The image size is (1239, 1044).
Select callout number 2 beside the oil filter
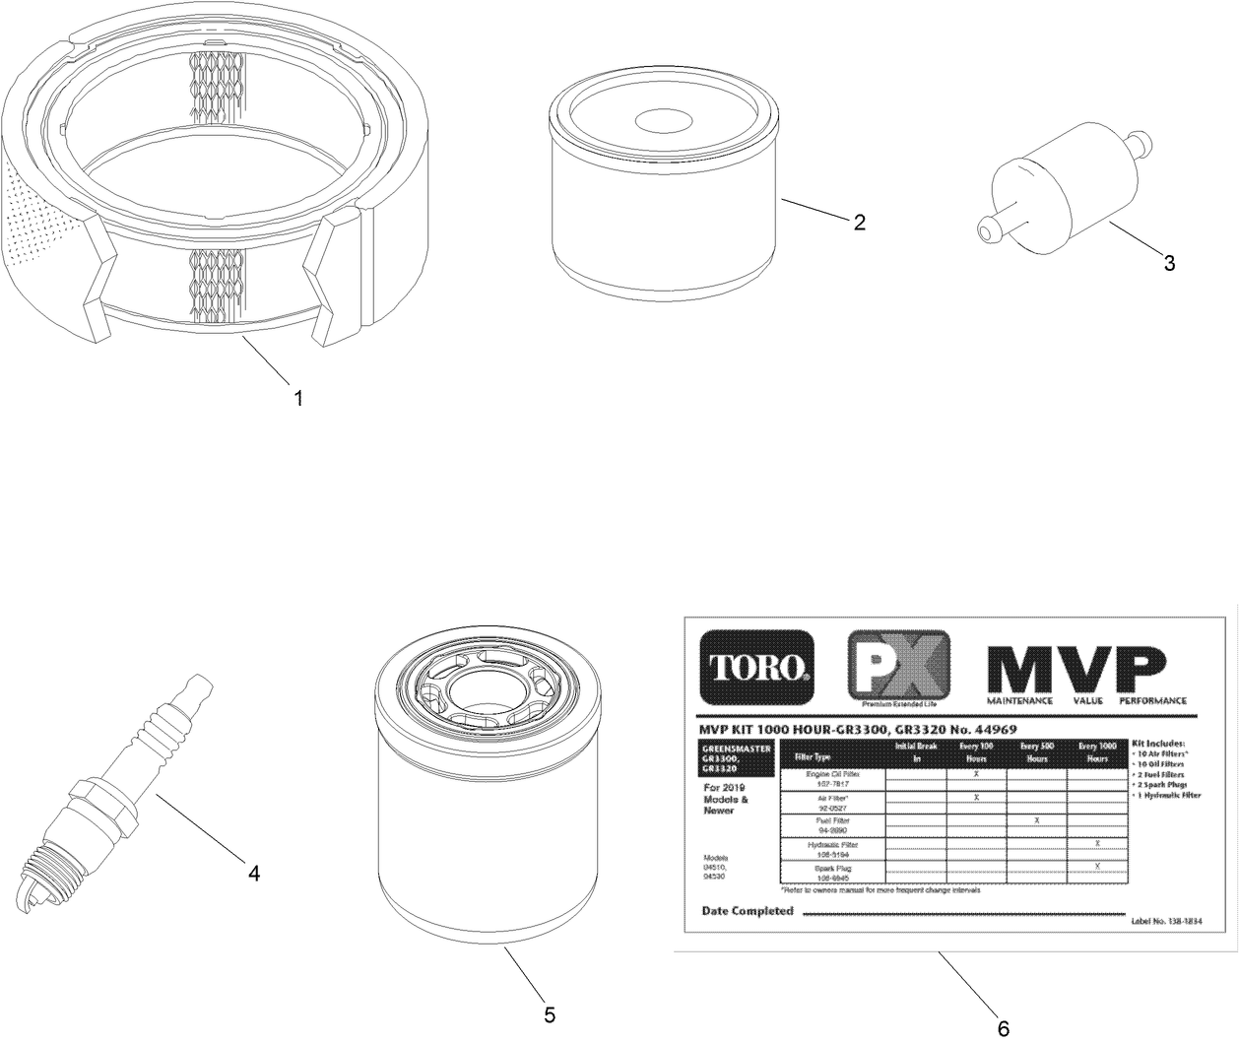point(859,223)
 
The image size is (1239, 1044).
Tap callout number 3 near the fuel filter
point(1169,263)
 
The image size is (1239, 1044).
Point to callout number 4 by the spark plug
point(254,873)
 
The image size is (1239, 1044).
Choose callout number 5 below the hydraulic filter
point(550,1014)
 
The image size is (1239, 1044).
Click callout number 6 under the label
point(1003,1028)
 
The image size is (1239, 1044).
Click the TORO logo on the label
point(756,667)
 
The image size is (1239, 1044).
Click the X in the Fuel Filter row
point(1037,819)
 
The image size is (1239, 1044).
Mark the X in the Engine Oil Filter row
point(976,774)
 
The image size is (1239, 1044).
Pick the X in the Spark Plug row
point(1097,865)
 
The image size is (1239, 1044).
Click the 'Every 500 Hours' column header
point(1037,752)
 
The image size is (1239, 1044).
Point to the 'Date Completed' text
point(748,911)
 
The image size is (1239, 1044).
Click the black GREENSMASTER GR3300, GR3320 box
point(734,758)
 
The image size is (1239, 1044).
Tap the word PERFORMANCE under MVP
point(1152,701)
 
